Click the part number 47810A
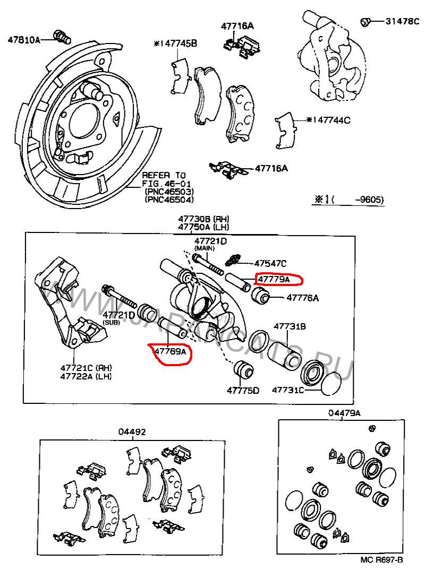tap(23, 39)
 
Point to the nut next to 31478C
tap(365, 22)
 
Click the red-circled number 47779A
tap(274, 279)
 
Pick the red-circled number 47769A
tap(170, 351)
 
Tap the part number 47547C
tap(270, 263)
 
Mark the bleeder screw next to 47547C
tap(233, 260)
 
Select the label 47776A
tap(302, 298)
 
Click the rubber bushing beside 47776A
tap(262, 296)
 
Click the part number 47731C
tap(287, 390)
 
